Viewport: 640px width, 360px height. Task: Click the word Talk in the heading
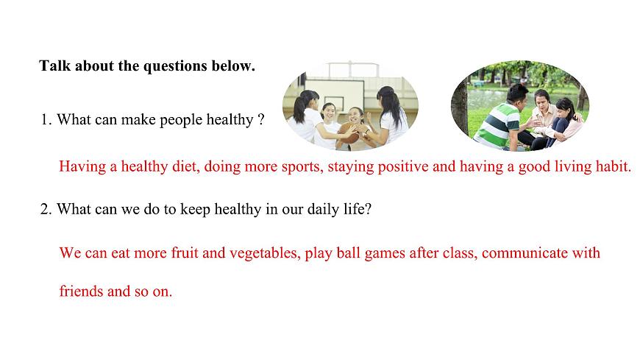click(x=54, y=66)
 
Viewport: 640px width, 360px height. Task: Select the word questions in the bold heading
click(x=175, y=66)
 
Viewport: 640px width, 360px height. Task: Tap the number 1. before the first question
click(x=46, y=120)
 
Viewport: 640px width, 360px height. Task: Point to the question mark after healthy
click(x=261, y=120)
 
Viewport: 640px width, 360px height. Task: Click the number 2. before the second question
click(x=46, y=209)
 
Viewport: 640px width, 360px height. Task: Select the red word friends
click(x=81, y=292)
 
